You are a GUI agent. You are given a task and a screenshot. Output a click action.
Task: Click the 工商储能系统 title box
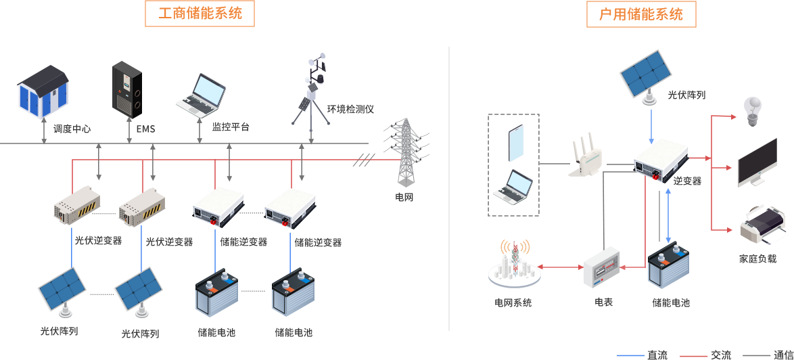200,14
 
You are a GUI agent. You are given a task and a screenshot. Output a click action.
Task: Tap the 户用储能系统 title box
640,14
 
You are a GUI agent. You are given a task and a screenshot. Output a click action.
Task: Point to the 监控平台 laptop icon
202,94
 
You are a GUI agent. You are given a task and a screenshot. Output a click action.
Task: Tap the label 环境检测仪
350,109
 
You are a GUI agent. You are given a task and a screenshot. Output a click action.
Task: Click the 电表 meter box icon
601,267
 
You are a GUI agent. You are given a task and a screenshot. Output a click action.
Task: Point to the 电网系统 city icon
513,265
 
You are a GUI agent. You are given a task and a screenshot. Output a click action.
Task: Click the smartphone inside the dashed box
517,143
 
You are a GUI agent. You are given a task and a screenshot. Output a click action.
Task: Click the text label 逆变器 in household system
687,181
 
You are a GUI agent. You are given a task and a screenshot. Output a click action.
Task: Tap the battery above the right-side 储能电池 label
669,268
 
